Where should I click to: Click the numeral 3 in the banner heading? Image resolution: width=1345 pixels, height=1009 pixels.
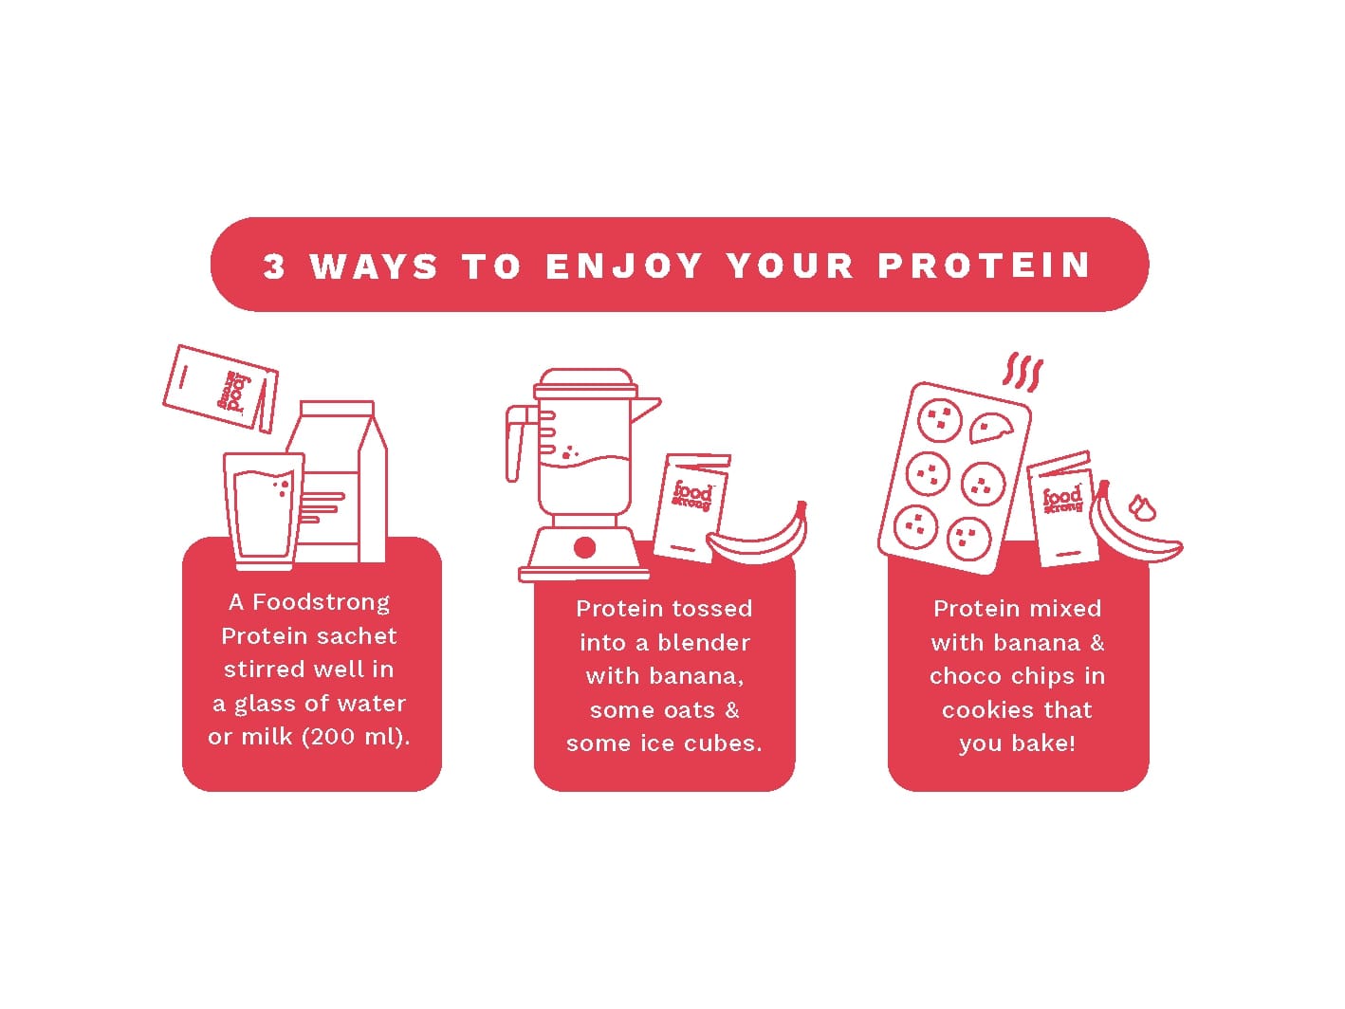click(273, 266)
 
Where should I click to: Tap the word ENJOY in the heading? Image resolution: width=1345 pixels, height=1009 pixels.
click(623, 266)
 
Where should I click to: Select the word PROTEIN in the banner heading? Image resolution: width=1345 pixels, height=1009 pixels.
click(984, 266)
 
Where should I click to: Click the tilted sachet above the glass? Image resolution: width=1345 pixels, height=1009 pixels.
click(220, 389)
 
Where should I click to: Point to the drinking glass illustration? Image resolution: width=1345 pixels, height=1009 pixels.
click(264, 511)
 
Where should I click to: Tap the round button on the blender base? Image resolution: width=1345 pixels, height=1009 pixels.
click(584, 547)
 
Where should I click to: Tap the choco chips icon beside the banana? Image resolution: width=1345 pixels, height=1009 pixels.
click(1142, 508)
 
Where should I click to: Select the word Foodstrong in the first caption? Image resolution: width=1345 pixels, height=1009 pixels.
click(321, 603)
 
